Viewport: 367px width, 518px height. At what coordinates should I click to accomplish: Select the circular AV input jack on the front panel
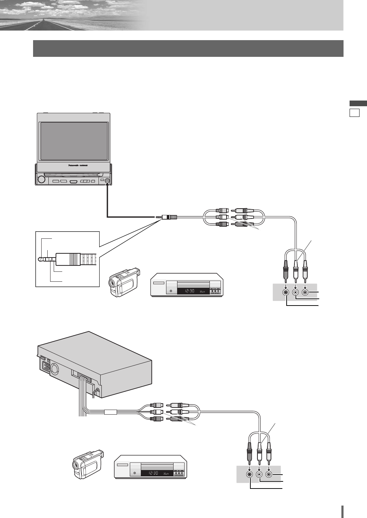[x=107, y=181]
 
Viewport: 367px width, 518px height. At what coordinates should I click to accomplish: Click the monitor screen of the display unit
[x=74, y=141]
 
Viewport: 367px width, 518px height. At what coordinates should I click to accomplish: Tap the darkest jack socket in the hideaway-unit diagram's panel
[x=250, y=474]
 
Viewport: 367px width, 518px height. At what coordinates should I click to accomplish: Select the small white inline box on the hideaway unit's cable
[x=111, y=412]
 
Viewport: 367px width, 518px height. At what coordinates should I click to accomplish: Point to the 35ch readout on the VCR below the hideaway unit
[x=166, y=474]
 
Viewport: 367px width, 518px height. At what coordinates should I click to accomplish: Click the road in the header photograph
[x=39, y=25]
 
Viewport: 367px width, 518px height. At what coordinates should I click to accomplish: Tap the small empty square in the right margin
[x=354, y=113]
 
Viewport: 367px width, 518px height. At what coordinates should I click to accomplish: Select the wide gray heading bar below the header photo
[x=188, y=48]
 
